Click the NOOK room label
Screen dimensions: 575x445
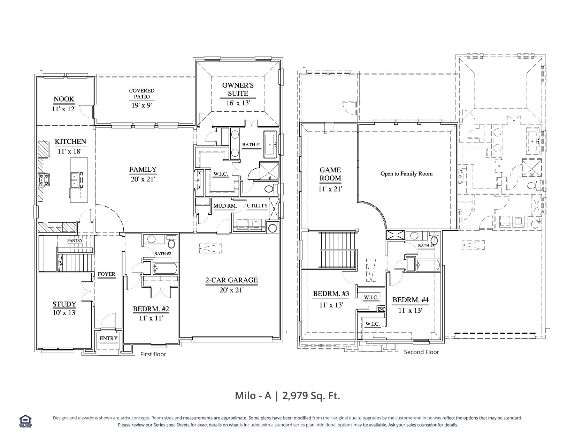tap(64, 99)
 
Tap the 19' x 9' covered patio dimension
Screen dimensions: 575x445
tap(141, 105)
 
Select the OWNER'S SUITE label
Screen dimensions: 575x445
tap(238, 89)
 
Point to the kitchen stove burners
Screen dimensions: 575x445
tap(44, 179)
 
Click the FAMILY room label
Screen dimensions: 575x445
tap(143, 169)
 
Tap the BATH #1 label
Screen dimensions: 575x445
tap(251, 145)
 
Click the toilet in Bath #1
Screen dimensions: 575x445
tap(270, 189)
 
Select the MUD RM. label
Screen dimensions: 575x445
tap(225, 206)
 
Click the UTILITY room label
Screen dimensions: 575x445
tap(257, 206)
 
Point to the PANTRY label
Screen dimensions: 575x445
tap(75, 240)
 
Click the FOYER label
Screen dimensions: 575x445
tap(106, 274)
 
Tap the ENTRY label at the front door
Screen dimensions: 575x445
tap(108, 338)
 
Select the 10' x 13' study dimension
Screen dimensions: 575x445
tap(64, 313)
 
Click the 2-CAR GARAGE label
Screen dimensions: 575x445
tap(231, 280)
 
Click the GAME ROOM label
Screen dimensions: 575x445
tap(330, 174)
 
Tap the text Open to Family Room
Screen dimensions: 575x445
tap(406, 173)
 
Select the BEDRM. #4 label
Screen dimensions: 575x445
tap(411, 300)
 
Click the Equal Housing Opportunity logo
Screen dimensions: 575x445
tap(25, 421)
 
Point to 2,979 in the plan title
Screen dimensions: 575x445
tap(295, 396)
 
